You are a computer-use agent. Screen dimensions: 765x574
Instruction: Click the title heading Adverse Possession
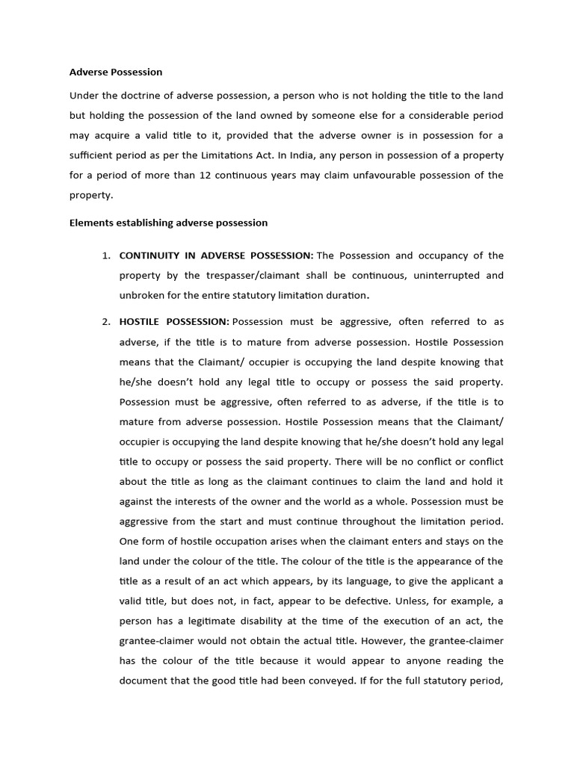[116, 72]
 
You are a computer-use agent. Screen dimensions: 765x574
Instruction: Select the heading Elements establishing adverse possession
[168, 223]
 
